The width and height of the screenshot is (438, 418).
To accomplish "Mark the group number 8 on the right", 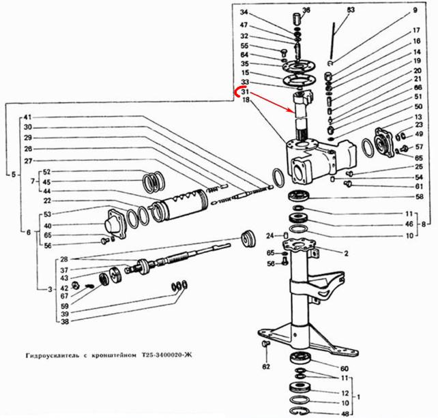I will pos(424,224).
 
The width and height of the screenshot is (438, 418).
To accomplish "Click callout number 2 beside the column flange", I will pos(347,253).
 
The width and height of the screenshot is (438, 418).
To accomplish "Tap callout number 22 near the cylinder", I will pos(47,200).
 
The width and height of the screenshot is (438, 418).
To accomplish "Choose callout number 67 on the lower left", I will pos(64,296).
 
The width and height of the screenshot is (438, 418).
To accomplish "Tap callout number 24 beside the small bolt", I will pos(269,235).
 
